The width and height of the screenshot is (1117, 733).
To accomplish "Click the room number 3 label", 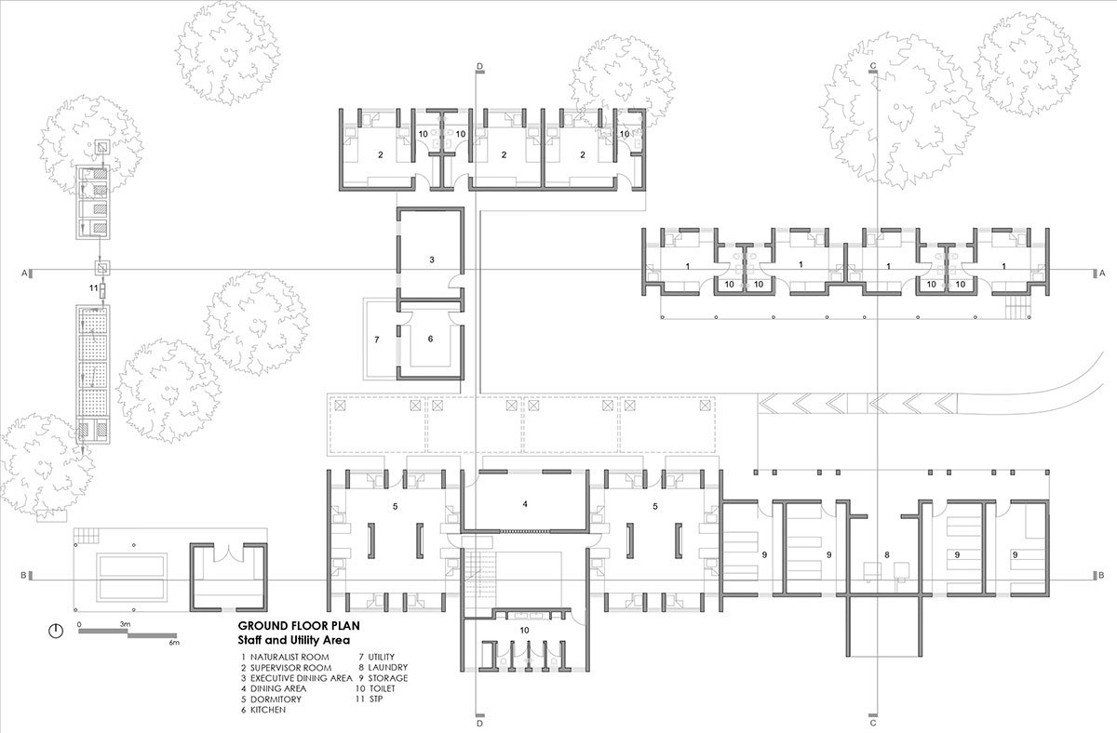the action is point(432,260).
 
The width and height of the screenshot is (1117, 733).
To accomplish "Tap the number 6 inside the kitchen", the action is point(430,339).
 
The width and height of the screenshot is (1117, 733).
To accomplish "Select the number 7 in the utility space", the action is point(376,340).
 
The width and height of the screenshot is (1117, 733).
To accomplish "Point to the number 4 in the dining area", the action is point(525,504).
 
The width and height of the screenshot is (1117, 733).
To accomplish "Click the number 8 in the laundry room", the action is point(886,554).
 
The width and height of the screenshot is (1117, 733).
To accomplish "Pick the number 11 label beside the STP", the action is point(94,288).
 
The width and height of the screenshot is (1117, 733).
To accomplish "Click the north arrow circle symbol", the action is point(56,631).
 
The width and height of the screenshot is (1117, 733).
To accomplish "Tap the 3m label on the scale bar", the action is point(125,624).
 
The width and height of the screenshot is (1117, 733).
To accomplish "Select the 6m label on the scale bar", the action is point(173,643).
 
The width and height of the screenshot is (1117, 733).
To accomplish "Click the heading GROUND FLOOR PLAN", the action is point(299,626).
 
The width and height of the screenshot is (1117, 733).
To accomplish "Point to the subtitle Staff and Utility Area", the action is point(294,640).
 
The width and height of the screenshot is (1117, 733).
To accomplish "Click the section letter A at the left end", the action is point(23,273).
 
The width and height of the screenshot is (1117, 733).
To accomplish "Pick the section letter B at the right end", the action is point(1101,576).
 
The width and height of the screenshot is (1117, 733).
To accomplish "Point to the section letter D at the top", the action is point(479,66).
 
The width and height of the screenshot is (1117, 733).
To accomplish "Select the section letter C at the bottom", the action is point(873,724).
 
